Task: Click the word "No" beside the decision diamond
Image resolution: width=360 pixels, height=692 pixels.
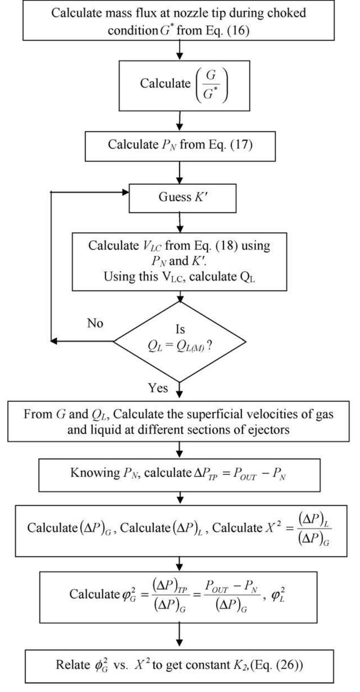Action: click(95, 323)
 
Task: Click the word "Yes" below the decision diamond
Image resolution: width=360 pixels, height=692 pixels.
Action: click(158, 388)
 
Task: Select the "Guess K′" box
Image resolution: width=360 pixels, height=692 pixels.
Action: click(182, 198)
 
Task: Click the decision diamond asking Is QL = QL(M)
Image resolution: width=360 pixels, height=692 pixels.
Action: click(180, 341)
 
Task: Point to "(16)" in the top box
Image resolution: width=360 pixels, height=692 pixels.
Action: click(238, 30)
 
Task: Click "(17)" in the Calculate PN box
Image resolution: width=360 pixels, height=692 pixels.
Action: click(242, 144)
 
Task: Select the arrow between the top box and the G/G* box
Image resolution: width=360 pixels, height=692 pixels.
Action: click(180, 50)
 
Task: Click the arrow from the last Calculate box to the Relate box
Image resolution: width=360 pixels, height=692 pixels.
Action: click(180, 636)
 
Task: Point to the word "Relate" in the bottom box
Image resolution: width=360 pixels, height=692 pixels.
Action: click(73, 665)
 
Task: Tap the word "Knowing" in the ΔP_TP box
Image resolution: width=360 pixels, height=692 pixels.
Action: click(95, 473)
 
